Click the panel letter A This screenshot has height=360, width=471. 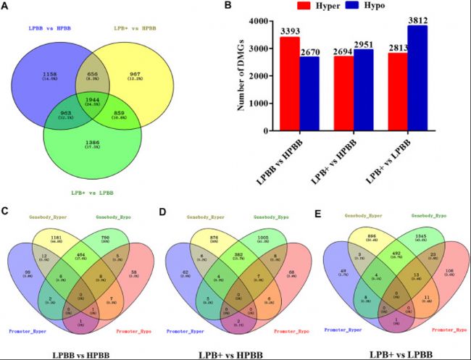pos(7,7)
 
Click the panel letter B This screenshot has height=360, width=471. pos(249,7)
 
